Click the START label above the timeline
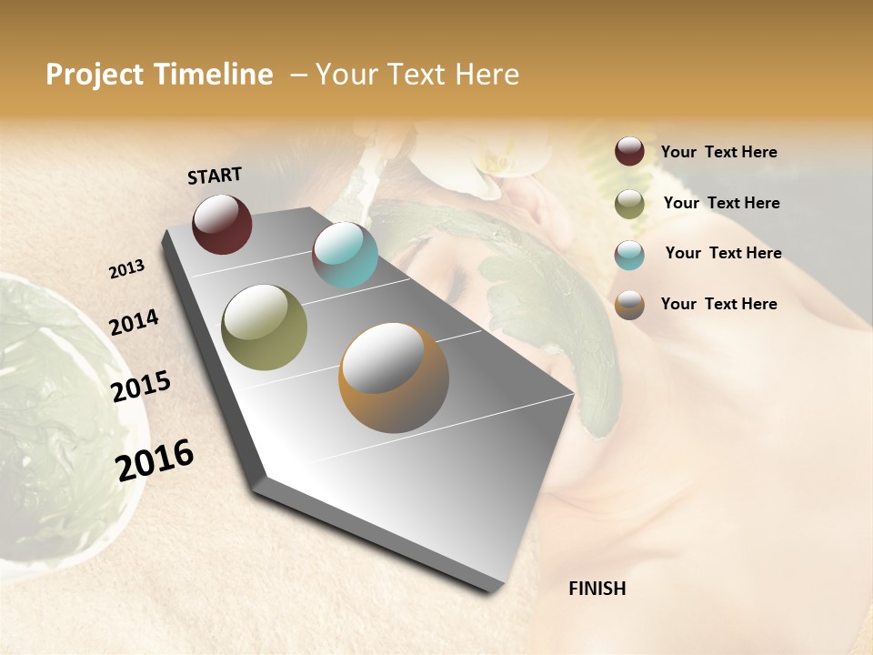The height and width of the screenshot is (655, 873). click(x=215, y=176)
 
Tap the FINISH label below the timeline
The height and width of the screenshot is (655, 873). click(x=597, y=589)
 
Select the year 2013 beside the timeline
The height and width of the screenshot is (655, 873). click(x=126, y=269)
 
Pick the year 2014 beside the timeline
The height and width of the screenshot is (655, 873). click(x=134, y=323)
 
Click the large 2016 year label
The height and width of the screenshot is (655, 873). click(x=155, y=459)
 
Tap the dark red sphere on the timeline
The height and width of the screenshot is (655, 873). click(x=222, y=224)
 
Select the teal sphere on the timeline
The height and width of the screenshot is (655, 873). click(x=345, y=255)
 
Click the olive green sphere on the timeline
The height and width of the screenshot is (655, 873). click(x=264, y=327)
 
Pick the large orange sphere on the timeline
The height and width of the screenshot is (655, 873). click(x=394, y=378)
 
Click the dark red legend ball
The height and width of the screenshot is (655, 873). click(x=629, y=152)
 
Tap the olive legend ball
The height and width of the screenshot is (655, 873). click(x=629, y=204)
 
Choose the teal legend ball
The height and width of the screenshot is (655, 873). click(x=629, y=254)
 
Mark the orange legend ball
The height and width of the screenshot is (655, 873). click(x=629, y=305)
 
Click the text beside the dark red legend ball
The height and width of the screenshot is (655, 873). click(x=718, y=152)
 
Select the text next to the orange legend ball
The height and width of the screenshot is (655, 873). click(x=718, y=304)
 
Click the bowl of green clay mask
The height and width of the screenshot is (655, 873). click(x=55, y=409)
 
